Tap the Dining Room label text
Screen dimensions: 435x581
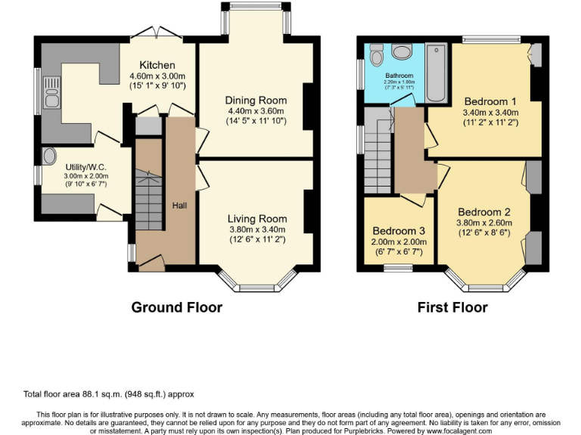tap(256, 100)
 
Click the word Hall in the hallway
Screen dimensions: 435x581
tap(179, 205)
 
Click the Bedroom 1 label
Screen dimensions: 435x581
tap(490, 101)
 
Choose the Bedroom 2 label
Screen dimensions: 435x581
tap(484, 211)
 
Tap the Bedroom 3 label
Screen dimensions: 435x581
tap(399, 231)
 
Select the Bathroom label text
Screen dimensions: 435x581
tap(399, 76)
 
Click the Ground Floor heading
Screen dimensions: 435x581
tap(177, 307)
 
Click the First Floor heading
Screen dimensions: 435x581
tap(452, 307)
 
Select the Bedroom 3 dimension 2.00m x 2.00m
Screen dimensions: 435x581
tap(399, 242)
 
